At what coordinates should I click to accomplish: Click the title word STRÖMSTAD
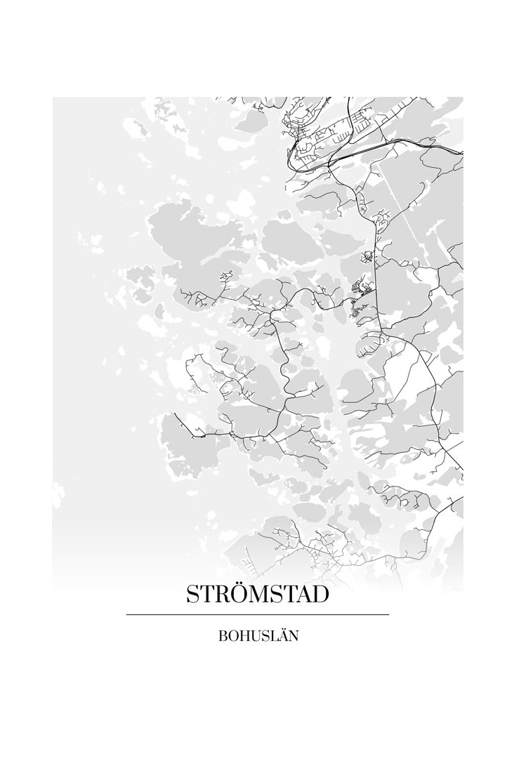[x=257, y=595]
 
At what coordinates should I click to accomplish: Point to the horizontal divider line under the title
[x=257, y=615]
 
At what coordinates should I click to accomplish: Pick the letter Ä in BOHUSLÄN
[x=280, y=636]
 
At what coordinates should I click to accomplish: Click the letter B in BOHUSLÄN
[x=223, y=637]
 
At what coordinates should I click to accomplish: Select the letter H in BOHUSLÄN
[x=243, y=637]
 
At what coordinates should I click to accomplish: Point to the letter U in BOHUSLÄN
[x=253, y=637]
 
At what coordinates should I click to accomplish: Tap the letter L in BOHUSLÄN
[x=271, y=637]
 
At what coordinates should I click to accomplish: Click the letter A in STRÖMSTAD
[x=303, y=595]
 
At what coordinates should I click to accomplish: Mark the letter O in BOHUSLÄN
[x=232, y=637]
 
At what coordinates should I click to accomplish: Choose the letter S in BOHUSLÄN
[x=263, y=637]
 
